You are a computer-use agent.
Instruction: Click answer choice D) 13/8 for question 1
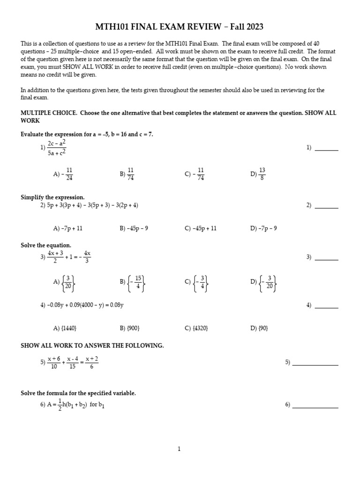coord(258,174)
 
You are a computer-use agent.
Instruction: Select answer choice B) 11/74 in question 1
coord(127,174)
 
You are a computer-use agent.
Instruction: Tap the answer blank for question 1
coord(326,150)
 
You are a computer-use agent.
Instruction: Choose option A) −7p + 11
coord(68,228)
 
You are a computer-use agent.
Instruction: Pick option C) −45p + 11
coord(201,228)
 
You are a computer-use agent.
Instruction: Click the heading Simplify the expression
coord(52,197)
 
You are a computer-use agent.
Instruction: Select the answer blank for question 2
coord(326,208)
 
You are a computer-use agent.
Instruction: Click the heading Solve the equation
coord(46,245)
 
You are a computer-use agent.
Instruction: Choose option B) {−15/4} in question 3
coord(133,282)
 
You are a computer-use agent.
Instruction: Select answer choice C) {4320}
coord(196,328)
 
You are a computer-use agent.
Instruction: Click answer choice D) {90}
coord(259,328)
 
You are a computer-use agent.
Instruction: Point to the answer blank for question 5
coord(315,365)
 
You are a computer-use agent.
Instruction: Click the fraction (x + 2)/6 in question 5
coord(92,362)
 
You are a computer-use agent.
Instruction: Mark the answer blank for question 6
coord(315,407)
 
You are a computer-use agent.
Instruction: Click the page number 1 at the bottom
coord(179,449)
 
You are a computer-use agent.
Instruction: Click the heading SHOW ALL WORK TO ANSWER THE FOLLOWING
coord(92,345)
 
